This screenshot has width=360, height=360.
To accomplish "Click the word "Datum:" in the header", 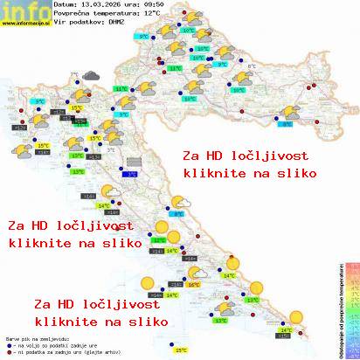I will (66, 6).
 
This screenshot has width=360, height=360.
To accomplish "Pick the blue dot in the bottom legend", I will (8, 342).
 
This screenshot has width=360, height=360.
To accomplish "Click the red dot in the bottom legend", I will (8, 349).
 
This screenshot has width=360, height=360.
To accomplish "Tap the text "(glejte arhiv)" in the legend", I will (114, 349).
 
